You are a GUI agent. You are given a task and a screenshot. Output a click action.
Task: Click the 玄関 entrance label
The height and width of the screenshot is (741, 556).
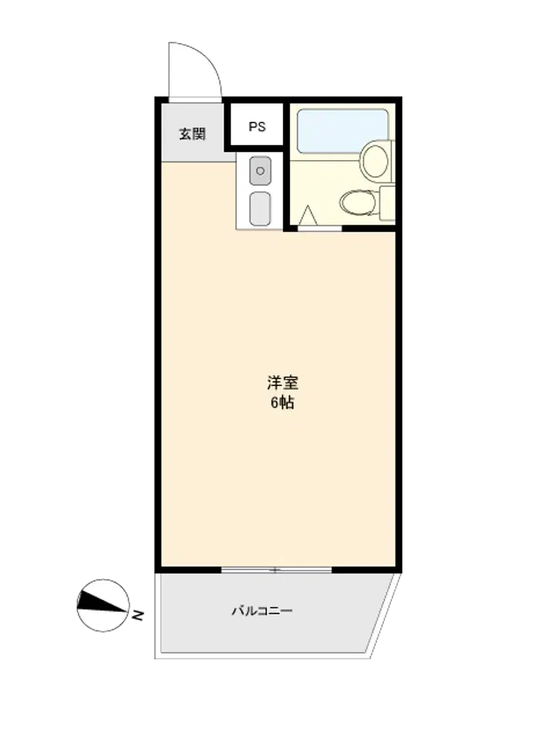(193, 133)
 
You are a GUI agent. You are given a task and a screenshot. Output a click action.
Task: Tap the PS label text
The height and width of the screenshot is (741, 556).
(257, 127)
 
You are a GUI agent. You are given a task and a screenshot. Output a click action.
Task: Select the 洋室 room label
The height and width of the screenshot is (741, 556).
(282, 382)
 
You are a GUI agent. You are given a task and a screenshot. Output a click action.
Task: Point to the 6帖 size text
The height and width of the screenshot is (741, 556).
(282, 402)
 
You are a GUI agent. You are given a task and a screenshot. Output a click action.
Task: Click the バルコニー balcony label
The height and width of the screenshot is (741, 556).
(262, 611)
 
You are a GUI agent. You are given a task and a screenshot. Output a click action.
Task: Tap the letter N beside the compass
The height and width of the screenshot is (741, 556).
(138, 615)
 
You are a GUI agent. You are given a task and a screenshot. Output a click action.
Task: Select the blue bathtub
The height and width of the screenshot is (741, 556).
(342, 131)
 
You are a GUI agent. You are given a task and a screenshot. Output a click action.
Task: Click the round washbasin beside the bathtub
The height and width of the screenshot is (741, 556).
(375, 161)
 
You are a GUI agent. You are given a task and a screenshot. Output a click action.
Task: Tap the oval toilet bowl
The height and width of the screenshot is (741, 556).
(358, 203)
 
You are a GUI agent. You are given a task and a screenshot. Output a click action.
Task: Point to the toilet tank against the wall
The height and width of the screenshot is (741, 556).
(387, 203)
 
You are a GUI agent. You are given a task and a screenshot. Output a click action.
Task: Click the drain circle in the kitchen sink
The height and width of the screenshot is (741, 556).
(260, 170)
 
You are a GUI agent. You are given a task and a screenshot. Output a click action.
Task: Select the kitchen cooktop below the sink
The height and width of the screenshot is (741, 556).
(260, 208)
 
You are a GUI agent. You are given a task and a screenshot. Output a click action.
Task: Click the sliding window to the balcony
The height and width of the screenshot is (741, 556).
(277, 570)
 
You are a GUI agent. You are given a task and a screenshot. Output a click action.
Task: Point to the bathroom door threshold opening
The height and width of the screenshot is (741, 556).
(320, 229)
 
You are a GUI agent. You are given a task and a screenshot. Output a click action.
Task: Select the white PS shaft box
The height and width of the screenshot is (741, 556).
(257, 124)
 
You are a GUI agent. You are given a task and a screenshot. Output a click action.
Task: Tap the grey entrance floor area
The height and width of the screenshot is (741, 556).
(193, 133)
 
